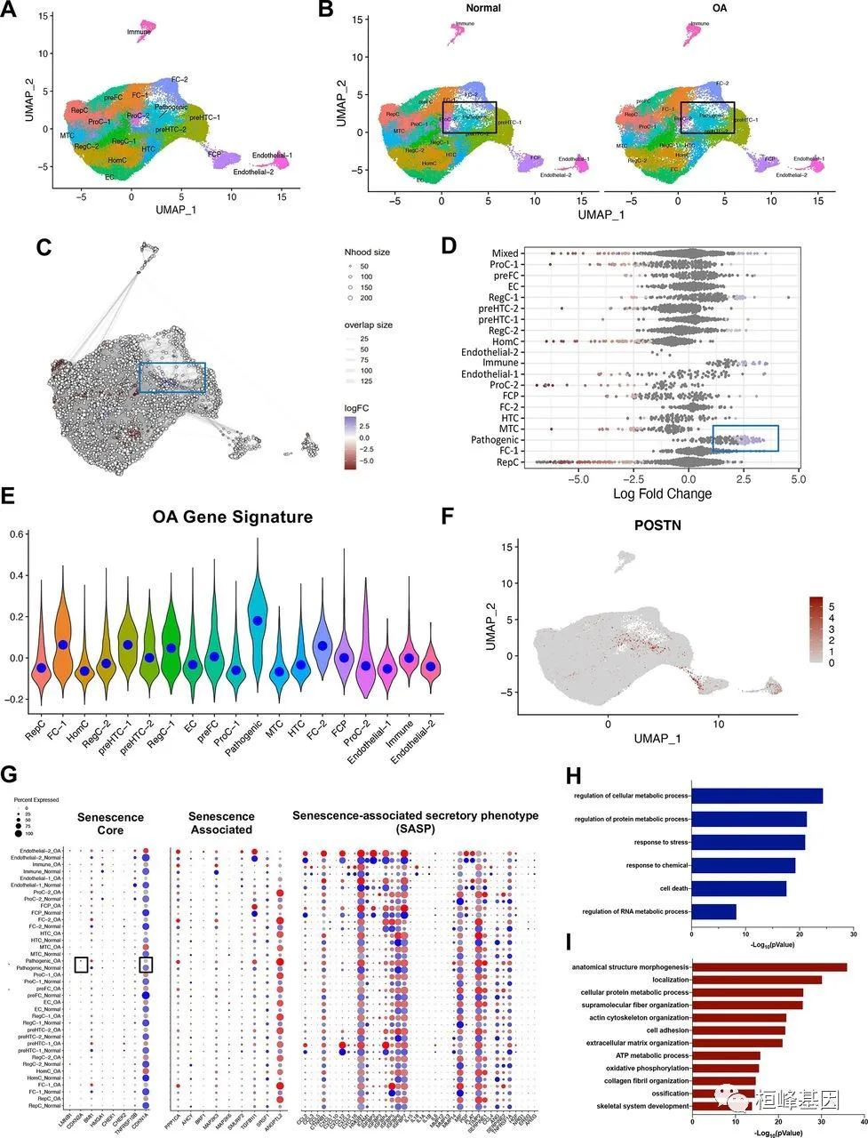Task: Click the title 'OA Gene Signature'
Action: (232, 517)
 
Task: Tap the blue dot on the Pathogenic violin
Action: (258, 621)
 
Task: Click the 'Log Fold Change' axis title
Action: (662, 493)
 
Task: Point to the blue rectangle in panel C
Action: (172, 377)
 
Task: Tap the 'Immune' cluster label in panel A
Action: (139, 32)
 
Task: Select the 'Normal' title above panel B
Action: (482, 8)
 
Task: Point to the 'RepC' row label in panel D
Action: (508, 463)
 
